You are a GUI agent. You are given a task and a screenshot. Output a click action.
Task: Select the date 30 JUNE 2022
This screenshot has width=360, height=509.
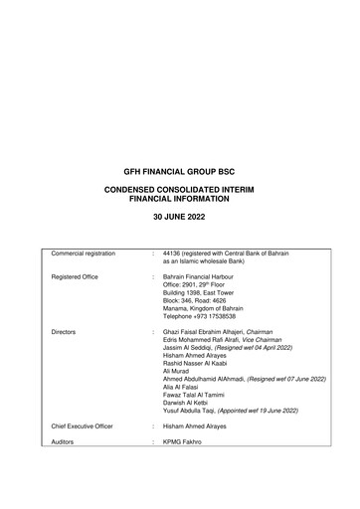coord(180,216)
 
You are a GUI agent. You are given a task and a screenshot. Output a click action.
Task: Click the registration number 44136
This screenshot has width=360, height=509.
coord(173,254)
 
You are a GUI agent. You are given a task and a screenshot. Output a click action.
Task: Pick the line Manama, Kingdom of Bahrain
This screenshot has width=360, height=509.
coord(203,315)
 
